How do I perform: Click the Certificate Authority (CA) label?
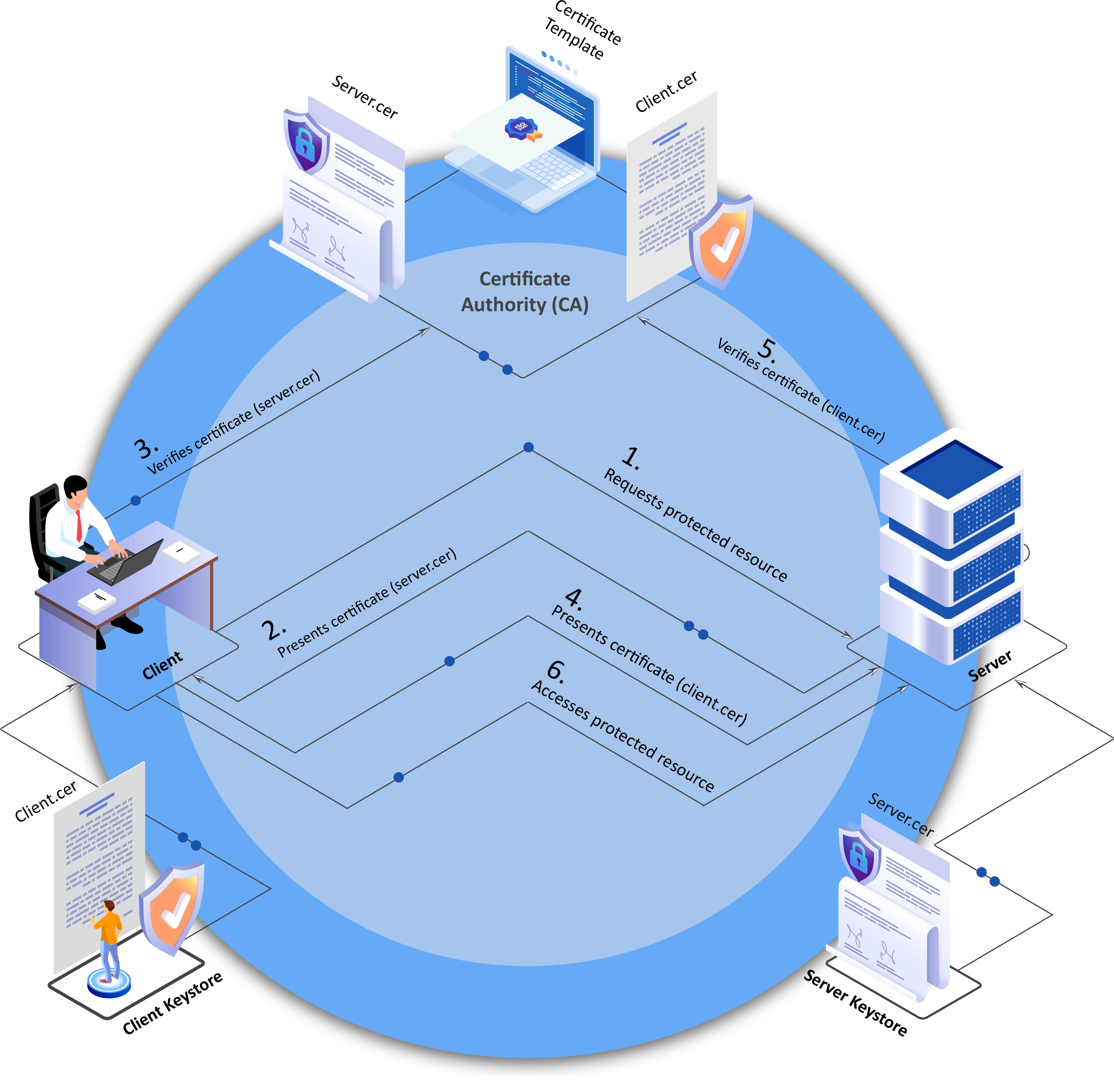tap(524, 292)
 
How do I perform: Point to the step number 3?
tap(146, 448)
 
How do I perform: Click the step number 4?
tap(574, 598)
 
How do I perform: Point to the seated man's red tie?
tap(79, 525)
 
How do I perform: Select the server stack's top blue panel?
tap(951, 469)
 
